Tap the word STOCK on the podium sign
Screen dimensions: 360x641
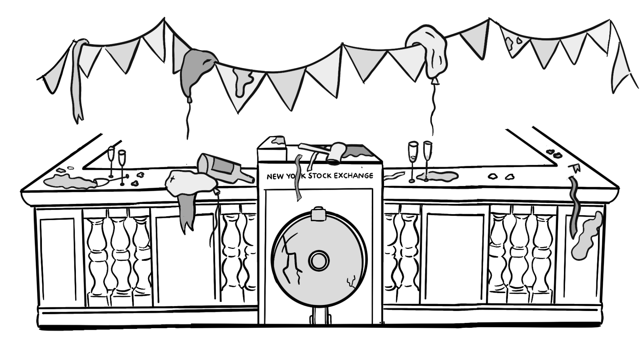pyautogui.click(x=320, y=176)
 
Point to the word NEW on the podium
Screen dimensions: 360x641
pyautogui.click(x=275, y=177)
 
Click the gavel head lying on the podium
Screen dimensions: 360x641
pyautogui.click(x=335, y=152)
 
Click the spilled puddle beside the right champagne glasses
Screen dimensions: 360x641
pyautogui.click(x=441, y=175)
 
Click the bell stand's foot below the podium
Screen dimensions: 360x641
pyautogui.click(x=320, y=318)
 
